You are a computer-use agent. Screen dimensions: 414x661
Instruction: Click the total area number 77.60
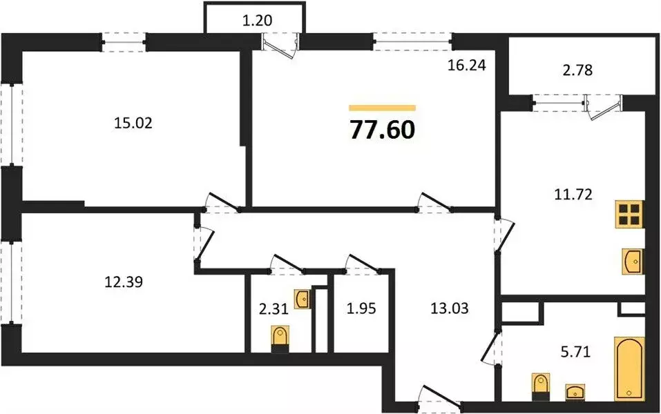383,129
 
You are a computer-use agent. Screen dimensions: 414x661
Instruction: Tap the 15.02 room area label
131,124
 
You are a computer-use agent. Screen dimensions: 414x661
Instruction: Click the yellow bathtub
629,368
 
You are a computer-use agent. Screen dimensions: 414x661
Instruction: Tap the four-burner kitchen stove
629,215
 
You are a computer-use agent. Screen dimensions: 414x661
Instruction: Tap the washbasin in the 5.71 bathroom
575,393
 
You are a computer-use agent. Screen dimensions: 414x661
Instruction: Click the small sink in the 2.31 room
302,299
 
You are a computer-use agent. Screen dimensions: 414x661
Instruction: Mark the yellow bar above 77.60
383,108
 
